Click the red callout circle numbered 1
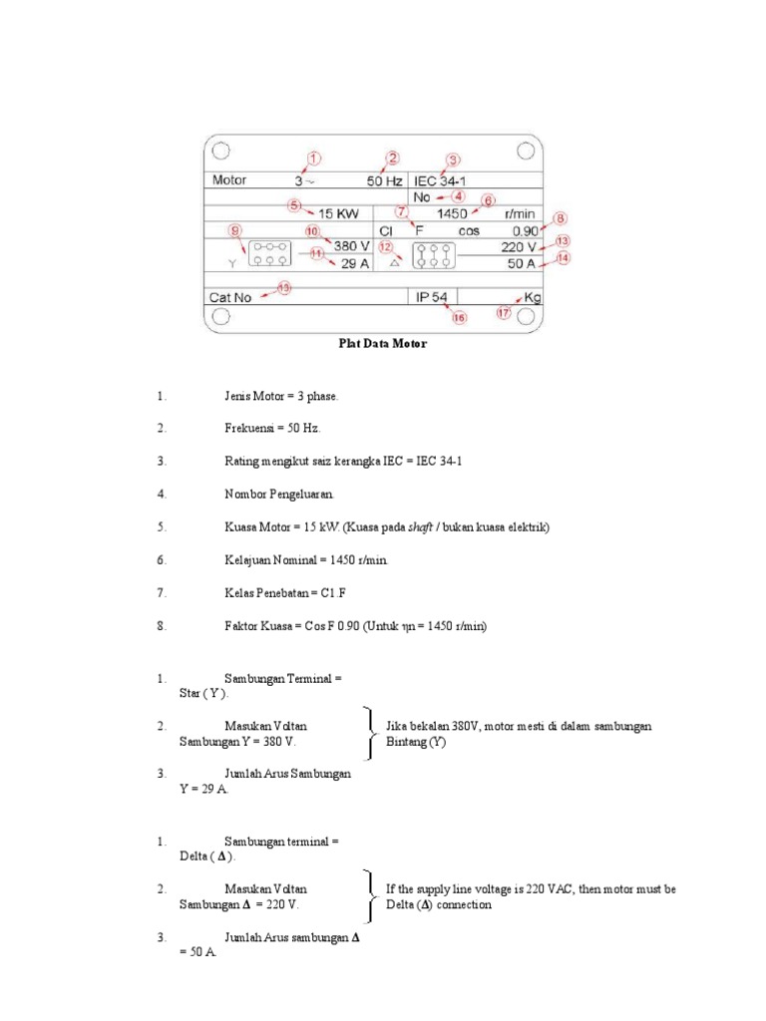point(314,159)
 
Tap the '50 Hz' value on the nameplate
point(385,181)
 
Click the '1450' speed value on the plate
point(454,213)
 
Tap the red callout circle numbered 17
point(505,313)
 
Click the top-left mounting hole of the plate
point(221,151)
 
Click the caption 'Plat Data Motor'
point(382,344)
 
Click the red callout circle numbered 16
point(459,318)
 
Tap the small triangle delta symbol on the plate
point(396,264)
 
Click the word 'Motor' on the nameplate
point(229,181)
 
